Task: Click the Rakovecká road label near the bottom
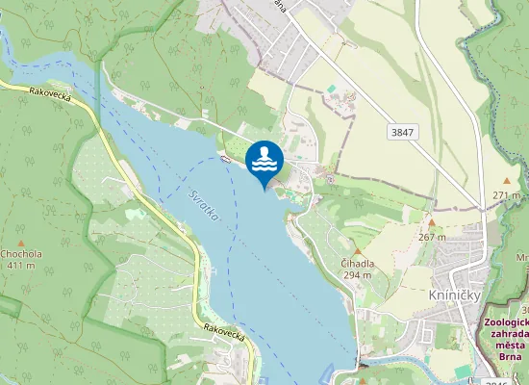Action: coord(227,333)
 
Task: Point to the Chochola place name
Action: coord(22,254)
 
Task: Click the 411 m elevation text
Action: coord(22,266)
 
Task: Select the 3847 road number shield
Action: coord(402,130)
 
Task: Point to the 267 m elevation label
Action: coord(433,236)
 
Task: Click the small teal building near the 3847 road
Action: coord(332,89)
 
